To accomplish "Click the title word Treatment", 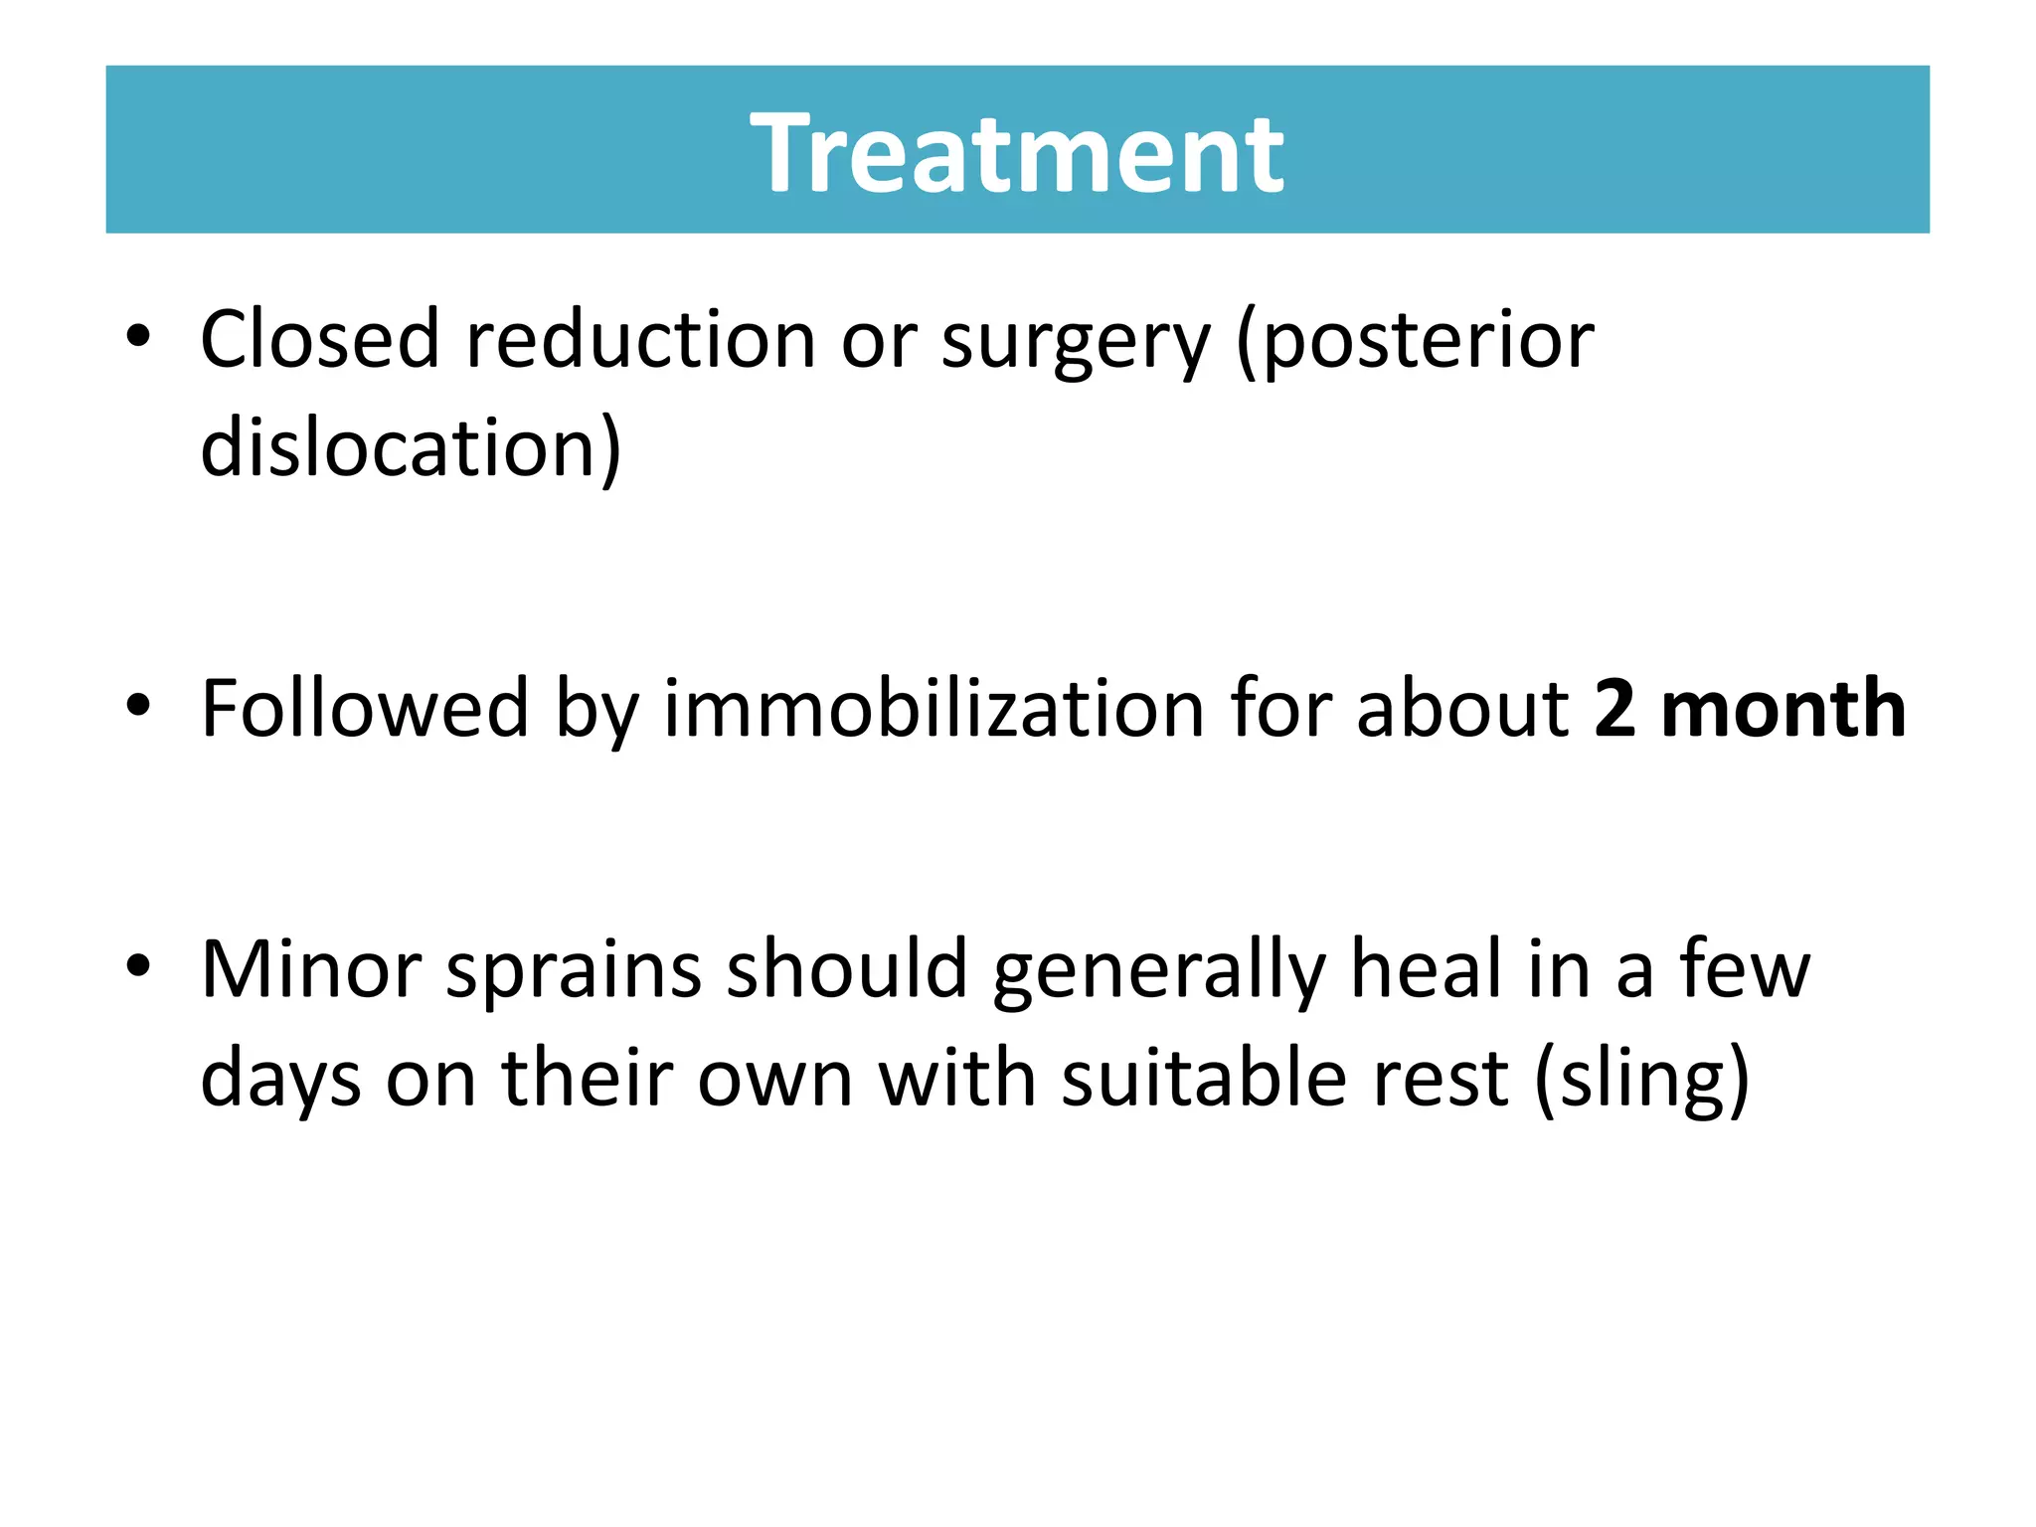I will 1016,153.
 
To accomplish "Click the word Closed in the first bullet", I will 319,340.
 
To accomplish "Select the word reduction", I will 640,340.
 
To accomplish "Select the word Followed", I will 365,709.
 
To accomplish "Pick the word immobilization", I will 933,709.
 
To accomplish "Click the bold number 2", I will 1614,709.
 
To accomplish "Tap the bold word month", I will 1783,709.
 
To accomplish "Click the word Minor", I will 311,969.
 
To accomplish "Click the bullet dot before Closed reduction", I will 138,338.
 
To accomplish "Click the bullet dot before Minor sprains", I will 138,967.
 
